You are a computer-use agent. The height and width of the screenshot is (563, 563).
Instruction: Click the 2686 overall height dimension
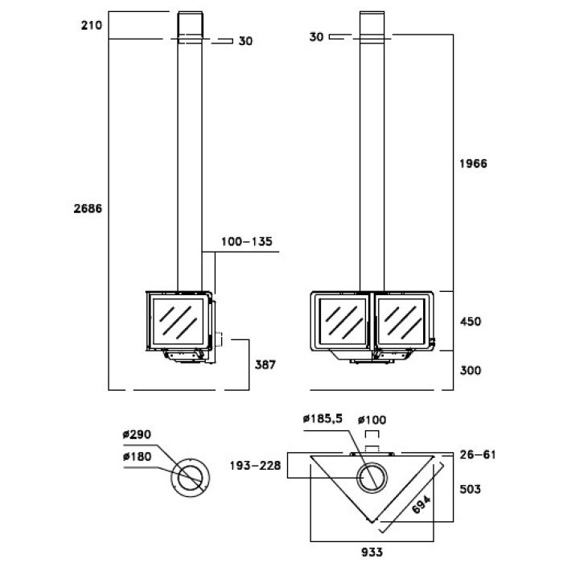88,208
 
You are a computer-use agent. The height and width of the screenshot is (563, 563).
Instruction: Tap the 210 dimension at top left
91,26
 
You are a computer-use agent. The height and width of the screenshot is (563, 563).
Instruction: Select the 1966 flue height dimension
473,164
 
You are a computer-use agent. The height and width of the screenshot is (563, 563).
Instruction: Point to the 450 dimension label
471,322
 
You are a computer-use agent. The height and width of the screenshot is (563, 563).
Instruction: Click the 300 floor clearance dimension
471,370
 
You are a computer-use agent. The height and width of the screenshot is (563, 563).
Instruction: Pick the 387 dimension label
265,365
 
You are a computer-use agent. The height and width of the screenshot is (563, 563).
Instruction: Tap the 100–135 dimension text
247,241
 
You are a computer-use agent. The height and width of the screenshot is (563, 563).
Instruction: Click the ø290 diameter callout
137,434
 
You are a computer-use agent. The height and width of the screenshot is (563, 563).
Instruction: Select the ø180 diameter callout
137,456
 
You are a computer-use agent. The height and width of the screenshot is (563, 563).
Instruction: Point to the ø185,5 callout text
323,419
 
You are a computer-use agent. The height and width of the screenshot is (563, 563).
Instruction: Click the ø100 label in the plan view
372,420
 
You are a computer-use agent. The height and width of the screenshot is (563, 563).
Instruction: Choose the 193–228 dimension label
255,466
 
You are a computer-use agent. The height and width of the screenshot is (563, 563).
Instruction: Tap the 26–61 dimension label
478,455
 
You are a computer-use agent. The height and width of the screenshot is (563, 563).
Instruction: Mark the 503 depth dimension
471,489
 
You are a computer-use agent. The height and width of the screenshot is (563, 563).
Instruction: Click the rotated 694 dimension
421,504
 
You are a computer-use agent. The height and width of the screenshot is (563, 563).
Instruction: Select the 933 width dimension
372,552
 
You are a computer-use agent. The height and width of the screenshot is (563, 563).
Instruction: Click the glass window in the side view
178,322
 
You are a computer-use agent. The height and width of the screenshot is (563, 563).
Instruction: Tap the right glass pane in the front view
402,322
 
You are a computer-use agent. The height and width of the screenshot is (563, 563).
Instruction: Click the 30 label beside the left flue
245,41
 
